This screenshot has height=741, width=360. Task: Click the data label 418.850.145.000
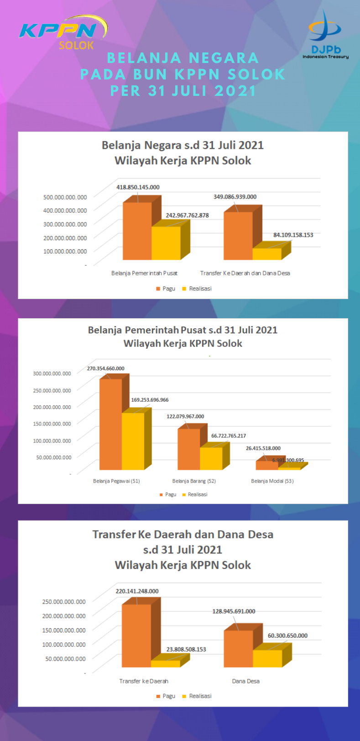[138, 187]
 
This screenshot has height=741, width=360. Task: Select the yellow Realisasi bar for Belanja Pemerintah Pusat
[166, 243]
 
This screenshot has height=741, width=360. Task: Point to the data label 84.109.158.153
[293, 235]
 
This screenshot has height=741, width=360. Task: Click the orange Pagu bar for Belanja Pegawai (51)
[110, 425]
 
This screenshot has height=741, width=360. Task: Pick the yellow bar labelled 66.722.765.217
[211, 458]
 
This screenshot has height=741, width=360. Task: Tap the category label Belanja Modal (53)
[272, 481]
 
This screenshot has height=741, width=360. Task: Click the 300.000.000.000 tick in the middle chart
[52, 373]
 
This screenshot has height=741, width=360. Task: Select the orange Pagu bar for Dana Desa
[238, 648]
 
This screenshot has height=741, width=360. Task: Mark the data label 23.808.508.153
[186, 649]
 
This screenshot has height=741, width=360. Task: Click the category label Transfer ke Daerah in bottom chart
[144, 681]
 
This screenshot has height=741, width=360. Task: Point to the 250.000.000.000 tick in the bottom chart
[64, 602]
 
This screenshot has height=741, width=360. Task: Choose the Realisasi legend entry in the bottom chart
[197, 696]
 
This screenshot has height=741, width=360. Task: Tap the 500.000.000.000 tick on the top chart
[65, 197]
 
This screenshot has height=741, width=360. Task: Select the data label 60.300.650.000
[287, 636]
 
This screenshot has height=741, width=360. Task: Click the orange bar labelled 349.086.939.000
[238, 236]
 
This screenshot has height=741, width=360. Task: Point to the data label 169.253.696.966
[150, 400]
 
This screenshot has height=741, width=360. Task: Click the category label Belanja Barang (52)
[194, 481]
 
